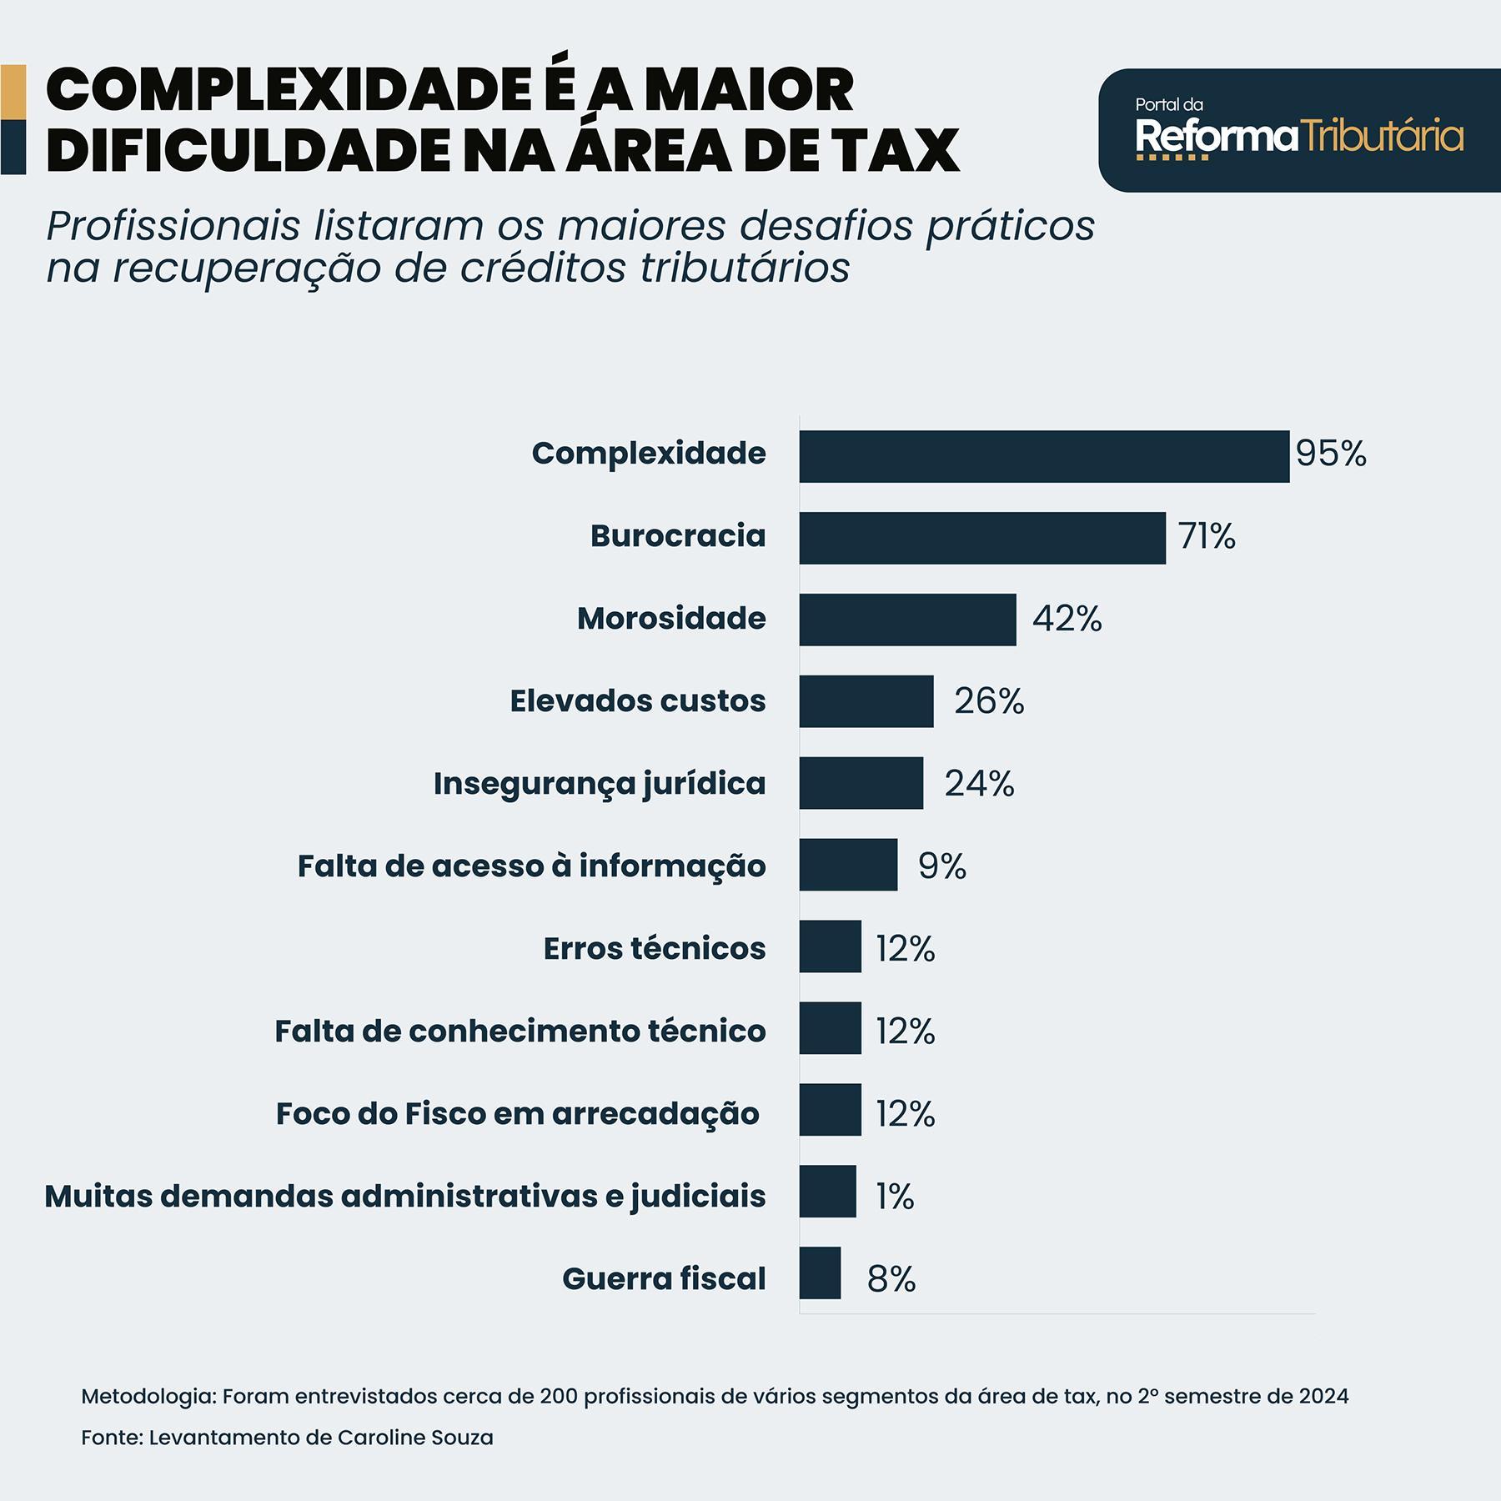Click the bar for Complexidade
tap(1044, 456)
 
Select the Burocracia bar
tap(982, 538)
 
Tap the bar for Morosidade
tap(907, 620)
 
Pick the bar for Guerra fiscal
tap(820, 1273)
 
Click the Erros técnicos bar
tap(830, 946)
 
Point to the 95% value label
tap(1331, 454)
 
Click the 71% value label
tap(1207, 536)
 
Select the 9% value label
tap(942, 866)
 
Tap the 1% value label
tap(895, 1197)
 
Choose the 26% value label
tap(989, 701)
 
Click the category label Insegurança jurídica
tap(599, 784)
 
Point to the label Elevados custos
tap(637, 701)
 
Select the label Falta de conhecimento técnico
tap(520, 1032)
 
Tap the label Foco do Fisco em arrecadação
tap(517, 1114)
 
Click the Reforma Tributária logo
tap(1298, 131)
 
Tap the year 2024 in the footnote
tap(1323, 1397)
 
